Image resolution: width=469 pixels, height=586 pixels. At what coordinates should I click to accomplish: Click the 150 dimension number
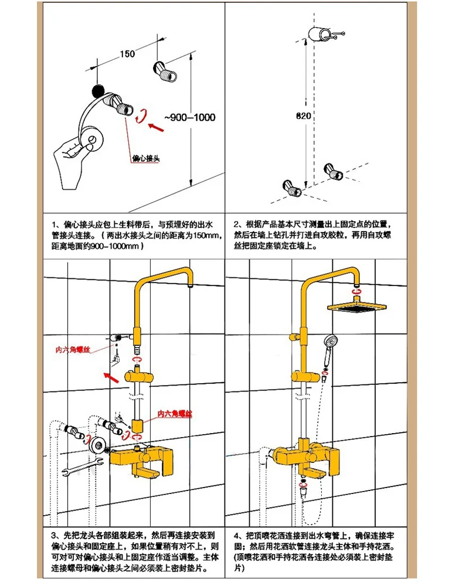tap(127, 54)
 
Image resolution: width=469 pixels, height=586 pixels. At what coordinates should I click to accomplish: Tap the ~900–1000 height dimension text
tap(190, 117)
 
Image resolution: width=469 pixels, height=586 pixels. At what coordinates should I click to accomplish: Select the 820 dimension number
tap(303, 116)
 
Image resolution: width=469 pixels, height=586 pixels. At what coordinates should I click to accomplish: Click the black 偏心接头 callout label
tap(146, 158)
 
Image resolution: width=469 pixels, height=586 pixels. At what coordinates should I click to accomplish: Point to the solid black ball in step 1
tap(98, 90)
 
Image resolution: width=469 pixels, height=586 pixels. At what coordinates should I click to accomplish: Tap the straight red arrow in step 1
tap(156, 127)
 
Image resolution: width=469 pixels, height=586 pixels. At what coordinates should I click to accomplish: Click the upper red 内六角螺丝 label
tap(73, 350)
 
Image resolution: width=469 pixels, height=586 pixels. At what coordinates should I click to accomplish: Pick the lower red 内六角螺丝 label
tap(175, 414)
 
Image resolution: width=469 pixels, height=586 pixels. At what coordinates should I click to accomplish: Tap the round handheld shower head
tap(331, 342)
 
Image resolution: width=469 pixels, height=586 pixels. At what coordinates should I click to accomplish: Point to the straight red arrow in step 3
tap(111, 377)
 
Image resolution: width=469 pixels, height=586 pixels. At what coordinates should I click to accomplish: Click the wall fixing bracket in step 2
tap(325, 34)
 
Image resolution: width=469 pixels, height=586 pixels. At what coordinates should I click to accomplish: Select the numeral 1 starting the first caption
tap(55, 224)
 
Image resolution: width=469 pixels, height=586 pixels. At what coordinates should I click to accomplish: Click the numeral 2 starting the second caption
tap(236, 224)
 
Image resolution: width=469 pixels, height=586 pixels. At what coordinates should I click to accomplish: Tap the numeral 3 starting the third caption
tap(55, 536)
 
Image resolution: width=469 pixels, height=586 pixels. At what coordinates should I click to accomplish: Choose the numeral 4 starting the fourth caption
tap(236, 536)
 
